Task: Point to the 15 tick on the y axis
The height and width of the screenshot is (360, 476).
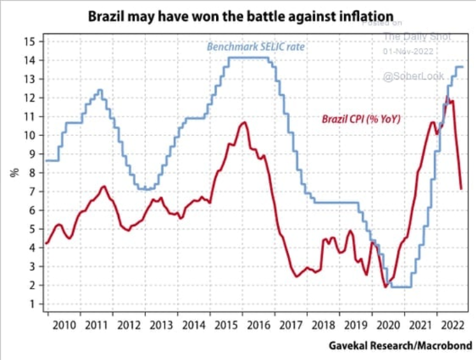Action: pos(29,41)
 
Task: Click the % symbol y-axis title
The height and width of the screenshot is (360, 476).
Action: pos(13,171)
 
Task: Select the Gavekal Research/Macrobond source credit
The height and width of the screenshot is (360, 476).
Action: pos(400,347)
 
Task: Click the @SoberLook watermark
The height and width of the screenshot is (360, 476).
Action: pos(408,76)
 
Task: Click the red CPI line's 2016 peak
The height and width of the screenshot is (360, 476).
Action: pos(243,122)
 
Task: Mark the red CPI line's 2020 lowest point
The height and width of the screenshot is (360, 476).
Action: pos(386,287)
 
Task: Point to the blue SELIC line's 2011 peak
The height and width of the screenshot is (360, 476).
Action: pos(99,90)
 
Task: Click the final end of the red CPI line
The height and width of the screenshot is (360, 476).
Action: pos(461,188)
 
